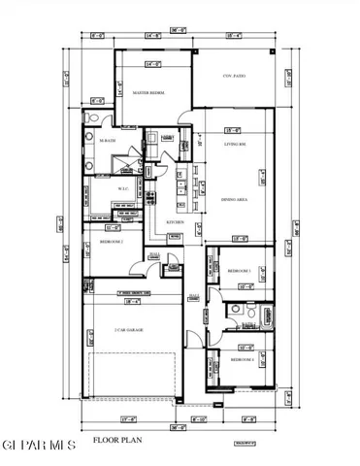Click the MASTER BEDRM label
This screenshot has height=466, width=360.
click(148, 93)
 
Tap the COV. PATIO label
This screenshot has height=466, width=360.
click(234, 75)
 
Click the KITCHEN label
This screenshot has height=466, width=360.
click(176, 222)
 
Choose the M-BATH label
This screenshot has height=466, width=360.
click(108, 142)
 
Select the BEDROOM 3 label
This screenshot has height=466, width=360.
click(240, 270)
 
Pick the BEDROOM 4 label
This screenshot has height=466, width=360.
click(242, 359)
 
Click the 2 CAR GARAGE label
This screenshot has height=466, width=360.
click(128, 330)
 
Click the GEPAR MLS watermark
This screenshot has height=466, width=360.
click(39, 445)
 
